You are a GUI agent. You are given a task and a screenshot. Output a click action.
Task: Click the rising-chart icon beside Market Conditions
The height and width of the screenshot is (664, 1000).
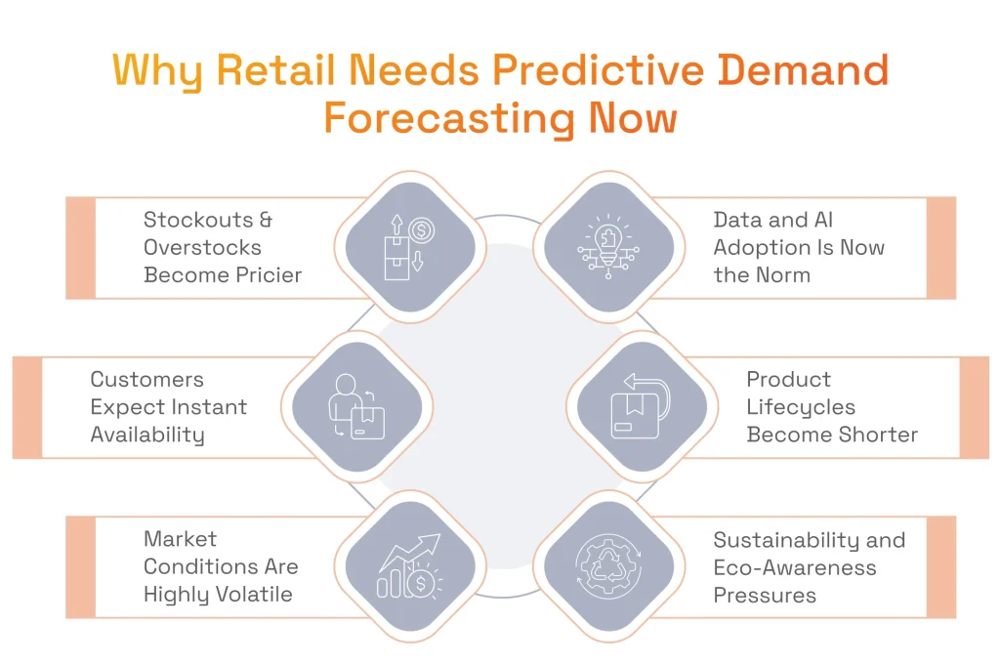coord(410,565)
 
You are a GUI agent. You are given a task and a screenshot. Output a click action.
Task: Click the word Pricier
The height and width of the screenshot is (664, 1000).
coord(264,275)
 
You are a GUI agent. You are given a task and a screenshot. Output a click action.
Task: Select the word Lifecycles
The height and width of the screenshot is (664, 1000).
coord(801,407)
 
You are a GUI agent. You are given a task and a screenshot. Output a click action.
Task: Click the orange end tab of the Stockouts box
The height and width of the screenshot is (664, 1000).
coord(80,248)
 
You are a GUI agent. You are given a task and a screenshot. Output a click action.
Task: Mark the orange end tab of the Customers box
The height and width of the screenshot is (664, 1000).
coord(27,407)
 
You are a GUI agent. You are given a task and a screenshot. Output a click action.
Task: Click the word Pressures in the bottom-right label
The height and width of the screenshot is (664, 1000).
coord(765,595)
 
